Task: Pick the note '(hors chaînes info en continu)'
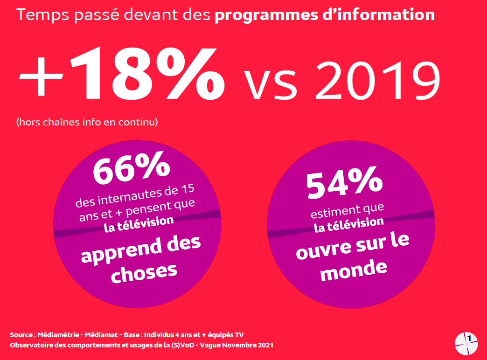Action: click(87, 123)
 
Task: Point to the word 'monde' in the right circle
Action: click(354, 269)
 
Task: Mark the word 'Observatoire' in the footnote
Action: click(32, 345)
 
